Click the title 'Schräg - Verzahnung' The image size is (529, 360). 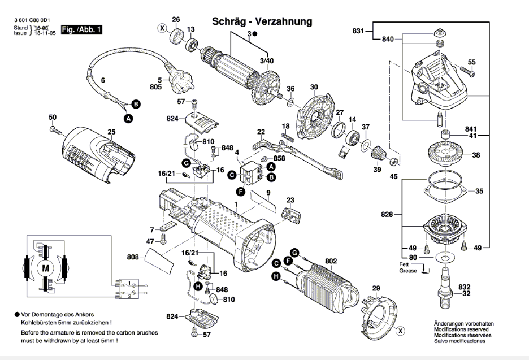tap(262, 21)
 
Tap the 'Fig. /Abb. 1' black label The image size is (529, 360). tap(81, 29)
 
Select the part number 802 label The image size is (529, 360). tap(331, 261)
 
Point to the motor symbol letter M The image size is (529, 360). tap(46, 268)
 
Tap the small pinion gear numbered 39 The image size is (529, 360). tap(376, 153)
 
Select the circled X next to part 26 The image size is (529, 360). tap(163, 28)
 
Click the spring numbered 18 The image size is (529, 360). tap(288, 137)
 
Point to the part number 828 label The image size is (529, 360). tap(387, 214)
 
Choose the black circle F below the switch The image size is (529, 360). tap(241, 192)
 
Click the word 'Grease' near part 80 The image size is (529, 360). tap(408, 271)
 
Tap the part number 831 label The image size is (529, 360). tap(358, 31)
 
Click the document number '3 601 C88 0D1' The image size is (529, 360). tap(30, 20)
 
